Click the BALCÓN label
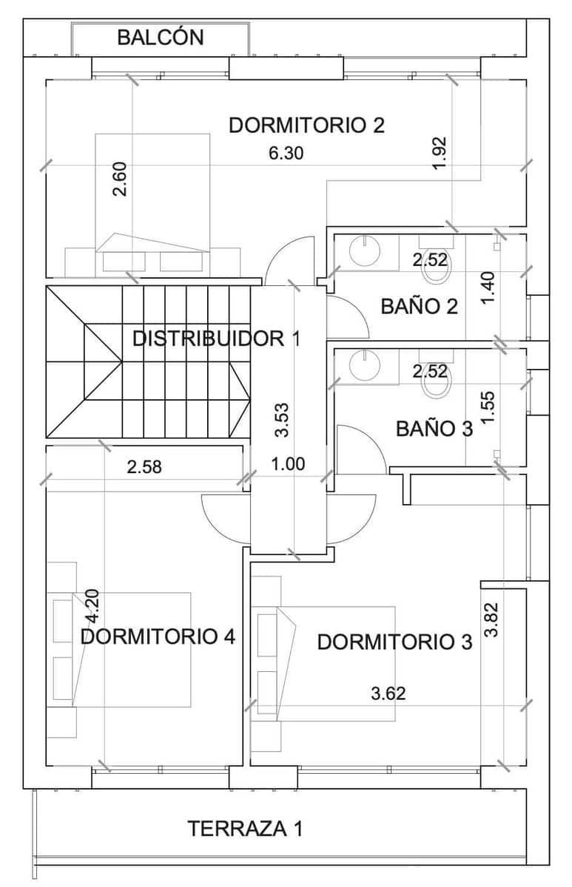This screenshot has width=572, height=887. pyautogui.click(x=160, y=38)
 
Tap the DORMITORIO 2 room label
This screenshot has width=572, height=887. pyautogui.click(x=306, y=125)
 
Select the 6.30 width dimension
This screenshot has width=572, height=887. pyautogui.click(x=286, y=154)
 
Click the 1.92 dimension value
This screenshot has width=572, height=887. pyautogui.click(x=440, y=153)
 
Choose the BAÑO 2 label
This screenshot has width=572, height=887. pyautogui.click(x=419, y=306)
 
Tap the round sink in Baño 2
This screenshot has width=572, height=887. pyautogui.click(x=364, y=251)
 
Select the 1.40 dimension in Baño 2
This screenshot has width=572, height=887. pyautogui.click(x=487, y=288)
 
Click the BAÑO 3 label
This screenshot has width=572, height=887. pyautogui.click(x=434, y=429)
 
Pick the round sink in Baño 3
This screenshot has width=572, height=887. pyautogui.click(x=364, y=364)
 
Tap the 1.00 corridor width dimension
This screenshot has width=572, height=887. pyautogui.click(x=289, y=464)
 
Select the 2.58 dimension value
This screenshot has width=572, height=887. pyautogui.click(x=144, y=467)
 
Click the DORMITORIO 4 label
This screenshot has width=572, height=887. pyautogui.click(x=158, y=636)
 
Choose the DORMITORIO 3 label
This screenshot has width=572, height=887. pyautogui.click(x=394, y=642)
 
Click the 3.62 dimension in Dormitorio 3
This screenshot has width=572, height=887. pyautogui.click(x=388, y=693)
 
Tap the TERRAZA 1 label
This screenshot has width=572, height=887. pyautogui.click(x=245, y=829)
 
